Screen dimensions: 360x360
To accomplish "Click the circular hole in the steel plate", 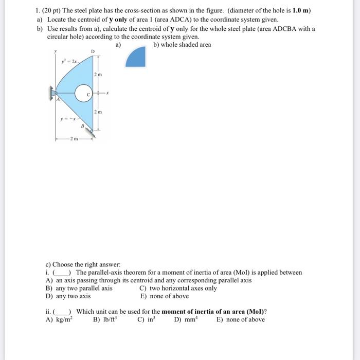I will click(83, 94).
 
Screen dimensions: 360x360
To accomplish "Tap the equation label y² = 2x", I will click(67, 61).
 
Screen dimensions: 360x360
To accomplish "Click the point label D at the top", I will click(93, 51).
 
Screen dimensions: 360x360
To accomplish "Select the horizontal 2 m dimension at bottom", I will click(74, 139).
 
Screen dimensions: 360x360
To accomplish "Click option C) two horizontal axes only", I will click(178, 288).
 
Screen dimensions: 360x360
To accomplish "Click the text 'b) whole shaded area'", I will click(182, 45).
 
